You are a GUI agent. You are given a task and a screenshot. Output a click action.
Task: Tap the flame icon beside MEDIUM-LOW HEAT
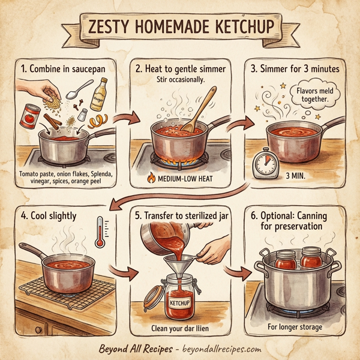151,177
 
